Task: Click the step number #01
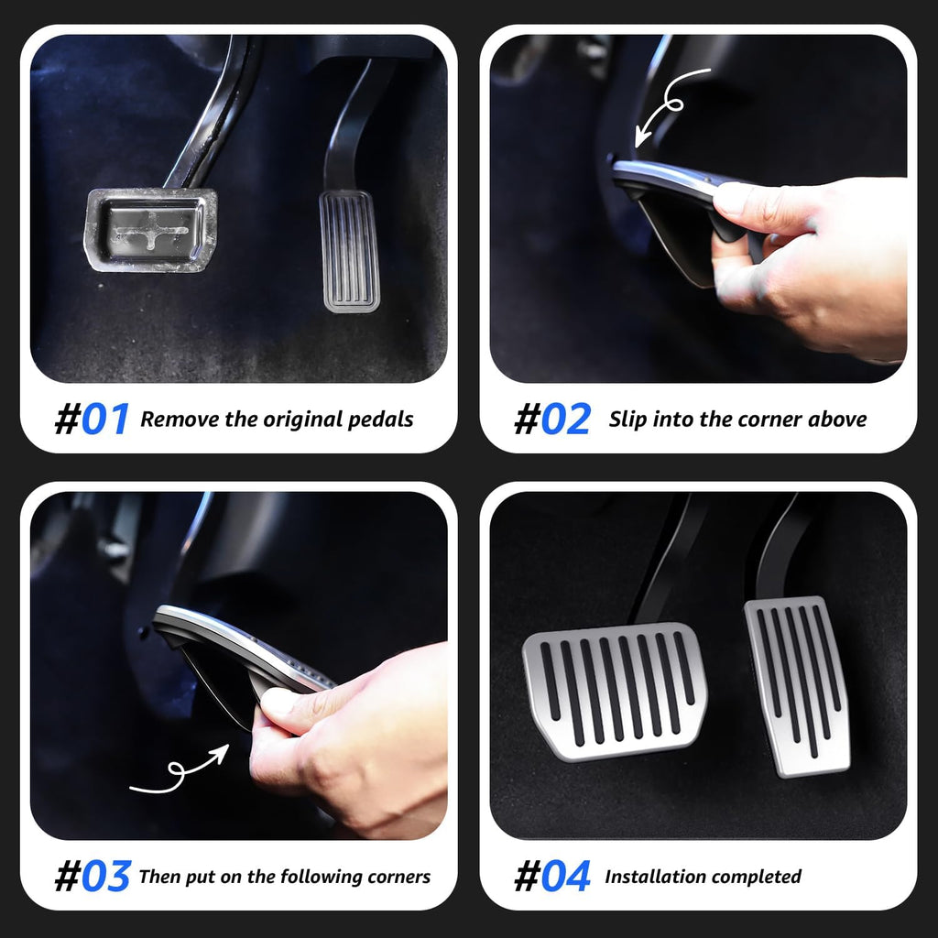[x=92, y=420]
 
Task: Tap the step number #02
[x=551, y=420]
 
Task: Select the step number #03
[x=92, y=877]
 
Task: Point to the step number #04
[x=551, y=877]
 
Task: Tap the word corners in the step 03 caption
[x=397, y=877]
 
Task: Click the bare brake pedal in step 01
[x=151, y=229]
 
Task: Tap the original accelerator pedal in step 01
[x=349, y=250]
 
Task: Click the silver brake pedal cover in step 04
[x=615, y=689]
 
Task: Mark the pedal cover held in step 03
[x=229, y=655]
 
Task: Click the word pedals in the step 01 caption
[x=380, y=420]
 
